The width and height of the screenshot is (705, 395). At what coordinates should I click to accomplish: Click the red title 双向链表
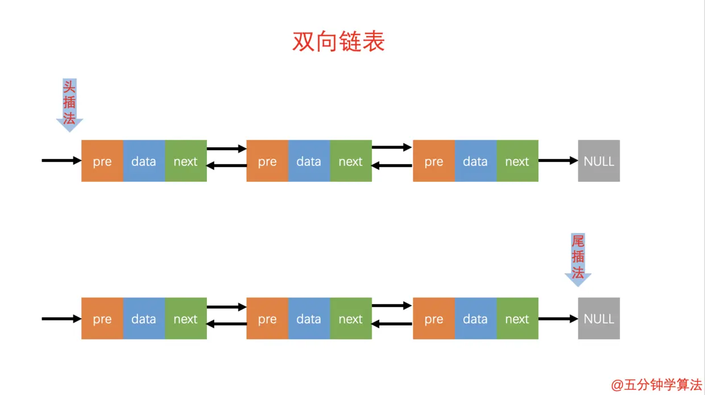pyautogui.click(x=339, y=41)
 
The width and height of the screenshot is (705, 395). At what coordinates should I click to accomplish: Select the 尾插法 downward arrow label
pyautogui.click(x=578, y=259)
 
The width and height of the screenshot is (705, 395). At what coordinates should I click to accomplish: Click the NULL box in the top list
pyautogui.click(x=599, y=161)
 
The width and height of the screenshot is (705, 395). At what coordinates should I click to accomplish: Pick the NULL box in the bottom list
pyautogui.click(x=599, y=318)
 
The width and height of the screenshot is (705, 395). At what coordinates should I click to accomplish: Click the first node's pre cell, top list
pyautogui.click(x=102, y=161)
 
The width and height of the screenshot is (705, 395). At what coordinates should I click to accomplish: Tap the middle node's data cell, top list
pyautogui.click(x=309, y=161)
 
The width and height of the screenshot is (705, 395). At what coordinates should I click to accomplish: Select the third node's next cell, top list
pyautogui.click(x=517, y=161)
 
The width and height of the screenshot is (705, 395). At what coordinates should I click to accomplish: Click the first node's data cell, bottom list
pyautogui.click(x=144, y=318)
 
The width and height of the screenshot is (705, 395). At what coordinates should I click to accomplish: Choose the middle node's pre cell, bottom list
pyautogui.click(x=267, y=318)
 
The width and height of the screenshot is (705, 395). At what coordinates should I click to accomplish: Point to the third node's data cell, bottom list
pyautogui.click(x=475, y=318)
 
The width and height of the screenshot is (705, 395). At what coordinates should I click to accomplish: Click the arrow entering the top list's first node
pyautogui.click(x=61, y=161)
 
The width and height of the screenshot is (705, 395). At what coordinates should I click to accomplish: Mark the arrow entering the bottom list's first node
pyautogui.click(x=61, y=318)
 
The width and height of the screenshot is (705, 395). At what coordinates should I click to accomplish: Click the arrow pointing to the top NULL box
pyautogui.click(x=558, y=161)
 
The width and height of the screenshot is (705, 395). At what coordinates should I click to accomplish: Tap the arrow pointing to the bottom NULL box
pyautogui.click(x=558, y=318)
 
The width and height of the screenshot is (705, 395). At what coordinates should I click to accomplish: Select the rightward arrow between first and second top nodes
pyautogui.click(x=226, y=149)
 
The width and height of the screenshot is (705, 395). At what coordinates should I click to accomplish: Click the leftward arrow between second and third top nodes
pyautogui.click(x=392, y=166)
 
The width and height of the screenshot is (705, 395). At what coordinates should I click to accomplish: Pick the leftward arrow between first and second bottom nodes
pyautogui.click(x=226, y=324)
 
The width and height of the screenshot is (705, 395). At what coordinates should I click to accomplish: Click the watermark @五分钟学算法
pyautogui.click(x=657, y=385)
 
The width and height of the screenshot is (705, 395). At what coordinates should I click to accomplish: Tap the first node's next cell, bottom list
pyautogui.click(x=185, y=318)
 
